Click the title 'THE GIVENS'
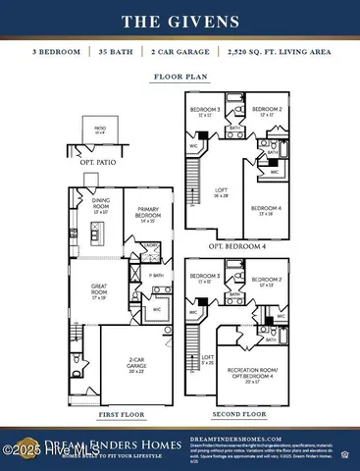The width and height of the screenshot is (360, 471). tap(180, 21)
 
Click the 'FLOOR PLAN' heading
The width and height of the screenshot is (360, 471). tap(180, 76)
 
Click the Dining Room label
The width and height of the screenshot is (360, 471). tap(100, 204)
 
